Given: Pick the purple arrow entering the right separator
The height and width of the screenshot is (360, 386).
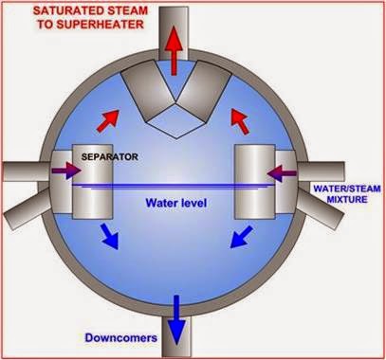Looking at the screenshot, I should (285, 171).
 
